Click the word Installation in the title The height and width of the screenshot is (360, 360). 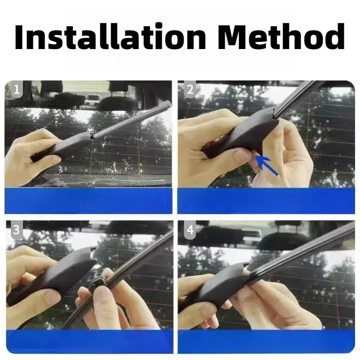pos(110,36)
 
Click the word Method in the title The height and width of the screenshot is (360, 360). pos(281,36)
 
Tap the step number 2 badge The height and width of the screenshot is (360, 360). pos(189,89)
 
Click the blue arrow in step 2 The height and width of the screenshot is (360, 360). pos(266,164)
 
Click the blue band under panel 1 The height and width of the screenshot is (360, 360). pos(88,201)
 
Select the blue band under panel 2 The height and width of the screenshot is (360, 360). pos(266,201)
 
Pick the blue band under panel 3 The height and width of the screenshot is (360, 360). pos(89,342)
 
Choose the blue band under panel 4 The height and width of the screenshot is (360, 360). pos(266,342)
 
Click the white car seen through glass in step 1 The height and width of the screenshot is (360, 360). pos(92,101)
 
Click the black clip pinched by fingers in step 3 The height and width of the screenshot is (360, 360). pos(98,285)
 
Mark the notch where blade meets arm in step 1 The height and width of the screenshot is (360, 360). pos(92,136)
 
